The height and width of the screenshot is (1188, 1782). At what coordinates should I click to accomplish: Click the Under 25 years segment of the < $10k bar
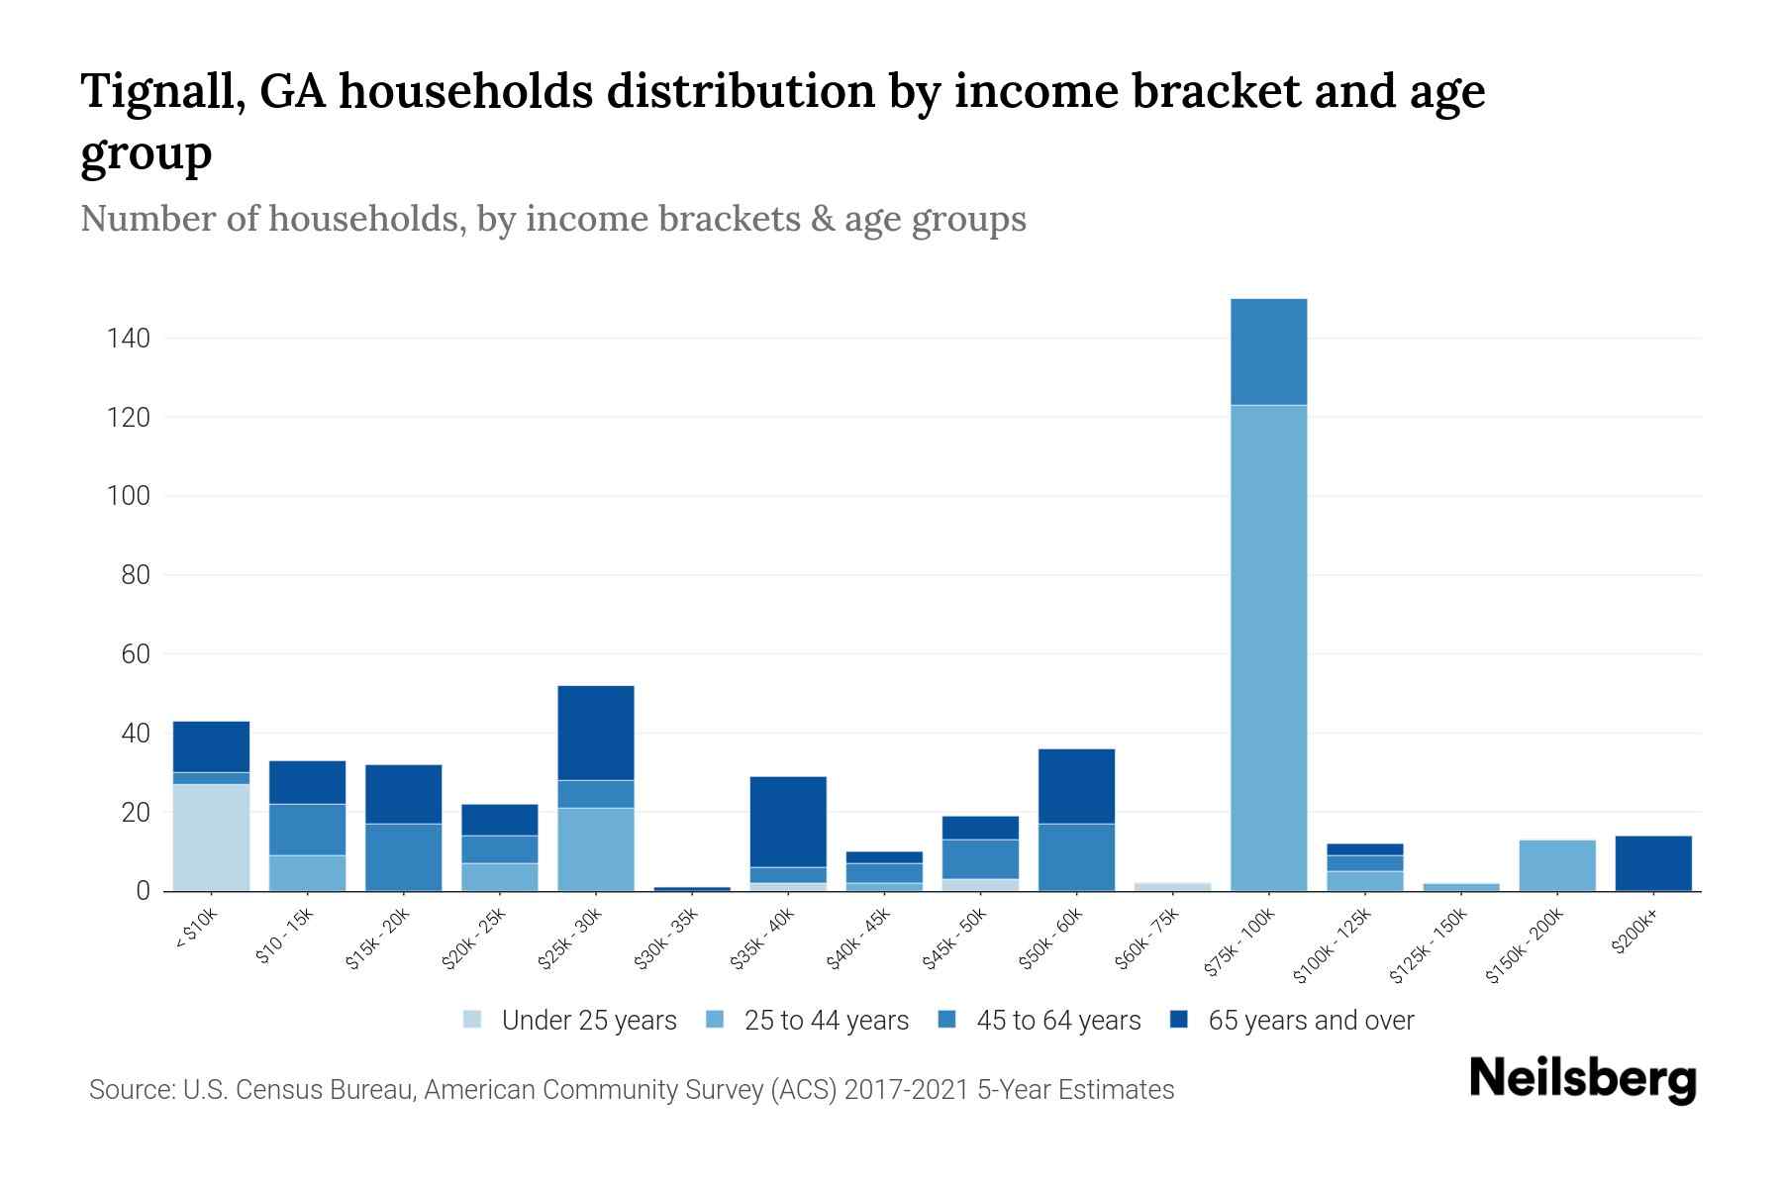coord(211,838)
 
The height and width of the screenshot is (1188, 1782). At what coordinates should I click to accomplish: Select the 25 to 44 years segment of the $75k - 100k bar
coord(1268,648)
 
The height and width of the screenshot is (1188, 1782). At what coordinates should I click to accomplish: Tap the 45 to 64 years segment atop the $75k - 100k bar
coord(1268,351)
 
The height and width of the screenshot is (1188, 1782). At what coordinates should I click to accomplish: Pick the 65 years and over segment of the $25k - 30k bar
coord(596,733)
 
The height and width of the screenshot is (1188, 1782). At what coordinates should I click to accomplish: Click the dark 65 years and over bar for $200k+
coord(1653,863)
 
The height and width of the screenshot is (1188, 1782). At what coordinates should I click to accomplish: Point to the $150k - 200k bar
coord(1557,865)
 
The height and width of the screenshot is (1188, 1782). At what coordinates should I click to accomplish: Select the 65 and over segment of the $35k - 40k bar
coord(788,822)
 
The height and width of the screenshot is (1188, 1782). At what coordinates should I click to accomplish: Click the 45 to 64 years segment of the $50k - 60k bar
coord(1076,857)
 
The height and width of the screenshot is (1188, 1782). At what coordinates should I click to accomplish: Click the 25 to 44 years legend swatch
coord(716,1020)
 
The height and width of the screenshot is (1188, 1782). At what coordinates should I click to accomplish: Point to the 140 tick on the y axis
coord(129,339)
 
